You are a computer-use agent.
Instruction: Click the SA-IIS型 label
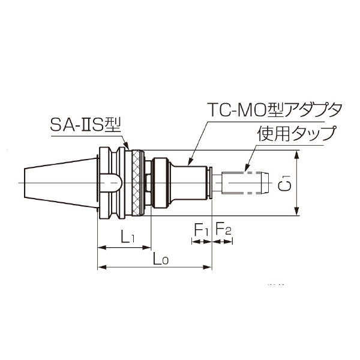[x=86, y=126]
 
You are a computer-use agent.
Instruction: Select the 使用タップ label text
[x=296, y=134]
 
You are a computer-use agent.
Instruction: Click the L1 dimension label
[x=126, y=238]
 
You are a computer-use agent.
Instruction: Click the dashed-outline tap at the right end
[x=242, y=181]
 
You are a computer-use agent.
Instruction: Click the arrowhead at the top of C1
[x=297, y=154]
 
